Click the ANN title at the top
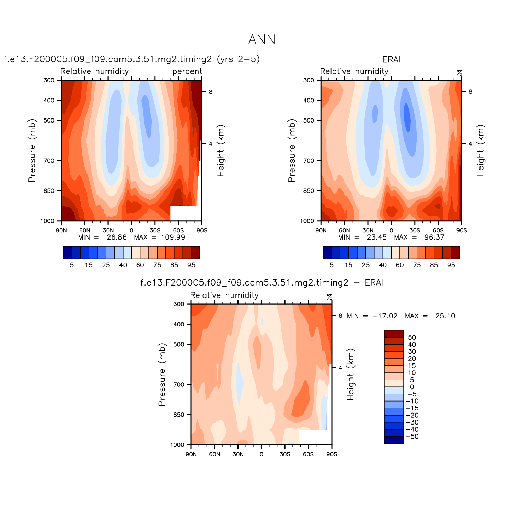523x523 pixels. (x=261, y=40)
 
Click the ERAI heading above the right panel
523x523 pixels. (x=391, y=59)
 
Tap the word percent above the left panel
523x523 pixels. (x=187, y=71)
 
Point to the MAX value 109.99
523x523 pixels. (x=173, y=237)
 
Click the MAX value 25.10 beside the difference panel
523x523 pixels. (x=445, y=316)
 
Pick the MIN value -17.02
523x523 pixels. (x=385, y=316)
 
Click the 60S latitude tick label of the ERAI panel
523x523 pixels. (x=438, y=230)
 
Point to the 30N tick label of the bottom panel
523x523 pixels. (x=238, y=454)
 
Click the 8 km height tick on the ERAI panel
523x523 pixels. (x=470, y=92)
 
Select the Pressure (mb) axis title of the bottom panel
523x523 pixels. (x=162, y=374)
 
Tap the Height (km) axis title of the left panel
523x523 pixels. (x=220, y=150)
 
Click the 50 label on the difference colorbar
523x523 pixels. (x=412, y=337)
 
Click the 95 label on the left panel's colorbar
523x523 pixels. (x=191, y=265)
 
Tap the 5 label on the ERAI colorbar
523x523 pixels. (x=332, y=265)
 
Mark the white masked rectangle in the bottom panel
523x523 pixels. (x=315, y=437)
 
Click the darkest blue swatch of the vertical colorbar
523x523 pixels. (x=394, y=440)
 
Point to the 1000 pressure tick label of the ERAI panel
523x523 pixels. (x=307, y=221)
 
